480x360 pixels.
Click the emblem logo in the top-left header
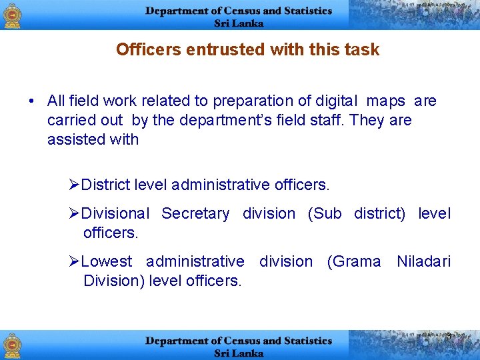[x=13, y=15]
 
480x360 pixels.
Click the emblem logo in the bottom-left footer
[x=13, y=345]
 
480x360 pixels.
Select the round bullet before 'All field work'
[x=31, y=101]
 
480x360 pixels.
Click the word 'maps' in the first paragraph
[x=386, y=101]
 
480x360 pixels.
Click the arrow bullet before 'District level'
[x=74, y=183]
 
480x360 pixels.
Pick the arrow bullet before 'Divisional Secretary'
[x=74, y=213]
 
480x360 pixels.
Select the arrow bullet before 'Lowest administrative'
[x=74, y=261]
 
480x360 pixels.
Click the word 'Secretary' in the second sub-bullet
[x=195, y=213]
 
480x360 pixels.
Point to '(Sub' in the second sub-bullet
[x=324, y=213]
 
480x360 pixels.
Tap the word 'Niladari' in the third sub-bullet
[x=423, y=261]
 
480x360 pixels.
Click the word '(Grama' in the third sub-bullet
[x=354, y=261]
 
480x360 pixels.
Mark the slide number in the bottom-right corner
[x=449, y=336]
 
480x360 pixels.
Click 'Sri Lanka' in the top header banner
[x=239, y=23]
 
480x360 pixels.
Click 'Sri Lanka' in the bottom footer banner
[x=239, y=353]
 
